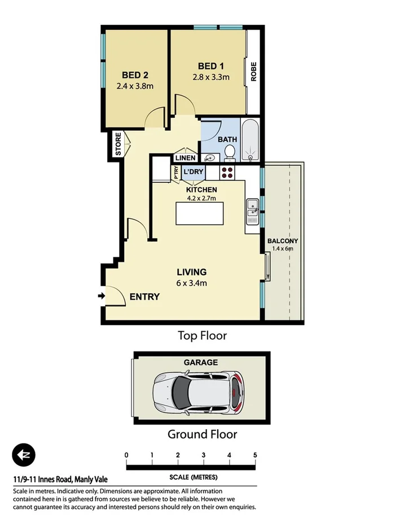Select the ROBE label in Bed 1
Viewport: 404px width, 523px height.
click(x=254, y=72)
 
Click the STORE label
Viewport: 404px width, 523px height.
click(x=118, y=144)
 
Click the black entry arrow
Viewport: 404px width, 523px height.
click(x=101, y=296)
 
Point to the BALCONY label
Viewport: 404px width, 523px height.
click(x=283, y=241)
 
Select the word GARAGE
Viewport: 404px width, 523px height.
click(x=200, y=362)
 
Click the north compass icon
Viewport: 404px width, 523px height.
click(x=24, y=455)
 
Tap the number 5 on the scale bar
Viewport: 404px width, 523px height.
click(x=255, y=455)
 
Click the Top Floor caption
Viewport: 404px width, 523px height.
click(x=202, y=336)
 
